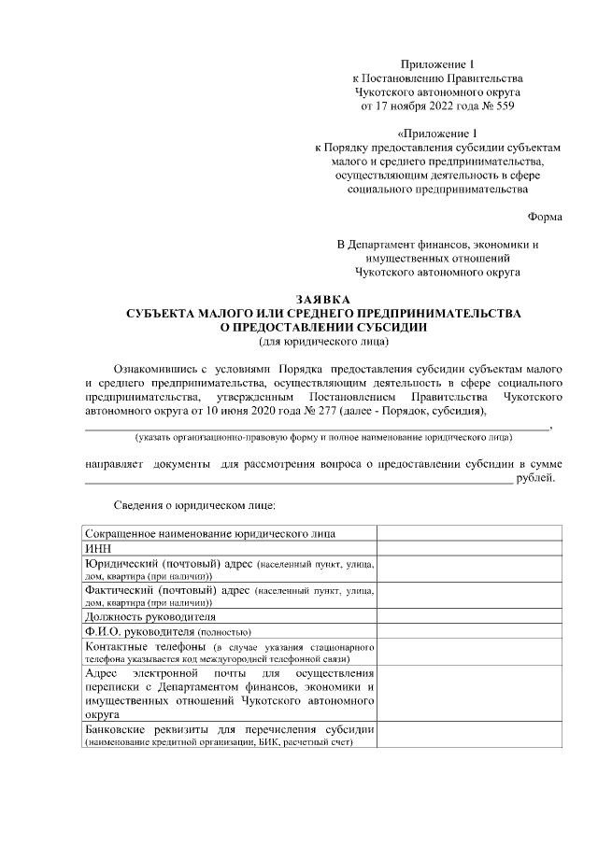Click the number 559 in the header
click(x=503, y=107)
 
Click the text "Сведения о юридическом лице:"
click(x=194, y=505)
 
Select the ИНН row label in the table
click(x=96, y=549)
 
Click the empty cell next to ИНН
click(x=469, y=549)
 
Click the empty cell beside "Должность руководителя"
click(x=469, y=616)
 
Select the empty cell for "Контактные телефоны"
click(x=469, y=652)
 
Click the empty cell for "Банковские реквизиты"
click(x=469, y=735)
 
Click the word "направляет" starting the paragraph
click(x=113, y=463)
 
